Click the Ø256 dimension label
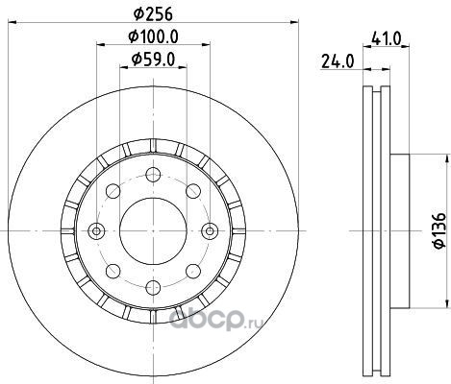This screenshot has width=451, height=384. tap(153, 13)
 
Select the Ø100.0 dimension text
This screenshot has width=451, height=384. tap(153, 36)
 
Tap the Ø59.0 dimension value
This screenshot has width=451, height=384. tap(153, 60)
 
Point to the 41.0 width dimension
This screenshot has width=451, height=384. tap(386, 39)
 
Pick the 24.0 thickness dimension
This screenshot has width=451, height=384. tap(338, 61)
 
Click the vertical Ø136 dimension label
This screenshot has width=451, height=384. tap(439, 229)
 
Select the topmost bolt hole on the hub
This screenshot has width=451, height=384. tap(153, 175)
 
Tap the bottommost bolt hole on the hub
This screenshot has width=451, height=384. tap(153, 287)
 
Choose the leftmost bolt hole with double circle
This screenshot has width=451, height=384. tap(96, 230)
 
